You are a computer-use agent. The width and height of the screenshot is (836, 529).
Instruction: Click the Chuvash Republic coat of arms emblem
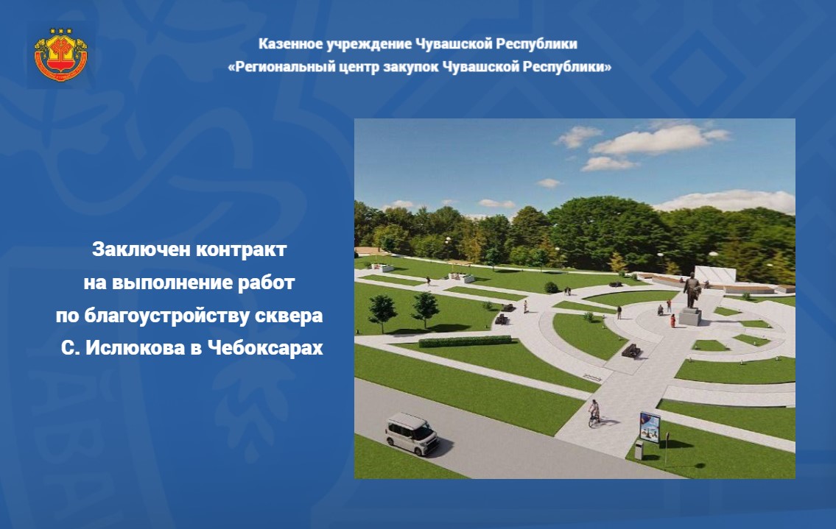click(x=61, y=55)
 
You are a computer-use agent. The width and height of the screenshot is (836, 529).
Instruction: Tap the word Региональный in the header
click(x=280, y=67)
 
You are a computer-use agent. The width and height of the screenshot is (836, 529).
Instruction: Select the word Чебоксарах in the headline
click(x=264, y=349)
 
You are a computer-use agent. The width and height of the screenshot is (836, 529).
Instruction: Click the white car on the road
click(x=412, y=433)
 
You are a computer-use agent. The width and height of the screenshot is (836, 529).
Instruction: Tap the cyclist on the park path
click(x=594, y=413)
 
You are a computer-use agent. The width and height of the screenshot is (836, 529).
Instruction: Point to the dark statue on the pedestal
click(x=692, y=291)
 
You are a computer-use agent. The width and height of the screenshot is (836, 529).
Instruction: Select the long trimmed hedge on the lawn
click(x=465, y=341)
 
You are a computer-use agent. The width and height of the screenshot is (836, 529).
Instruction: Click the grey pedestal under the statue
click(x=690, y=316)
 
